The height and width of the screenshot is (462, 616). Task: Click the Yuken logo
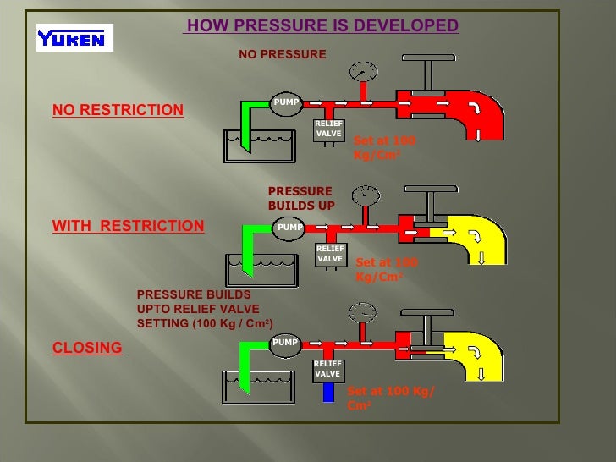74,37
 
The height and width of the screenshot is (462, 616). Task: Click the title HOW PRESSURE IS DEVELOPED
322,26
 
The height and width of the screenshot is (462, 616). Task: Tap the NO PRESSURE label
282,54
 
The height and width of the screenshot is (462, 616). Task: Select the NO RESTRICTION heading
118,110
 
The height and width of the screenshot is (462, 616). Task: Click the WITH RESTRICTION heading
128,226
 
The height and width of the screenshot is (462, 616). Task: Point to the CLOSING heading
87,348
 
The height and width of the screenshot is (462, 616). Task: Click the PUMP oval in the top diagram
285,104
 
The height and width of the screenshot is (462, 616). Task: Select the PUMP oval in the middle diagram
289,227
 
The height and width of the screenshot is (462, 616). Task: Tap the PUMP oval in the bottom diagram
285,343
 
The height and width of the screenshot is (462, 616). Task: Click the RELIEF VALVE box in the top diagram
328,129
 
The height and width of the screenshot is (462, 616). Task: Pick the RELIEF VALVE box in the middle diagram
330,253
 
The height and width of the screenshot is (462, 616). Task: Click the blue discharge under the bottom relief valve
329,392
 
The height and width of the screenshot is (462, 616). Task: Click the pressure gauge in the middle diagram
366,195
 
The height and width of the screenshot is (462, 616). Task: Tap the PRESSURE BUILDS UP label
300,198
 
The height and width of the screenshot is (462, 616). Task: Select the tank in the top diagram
257,146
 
